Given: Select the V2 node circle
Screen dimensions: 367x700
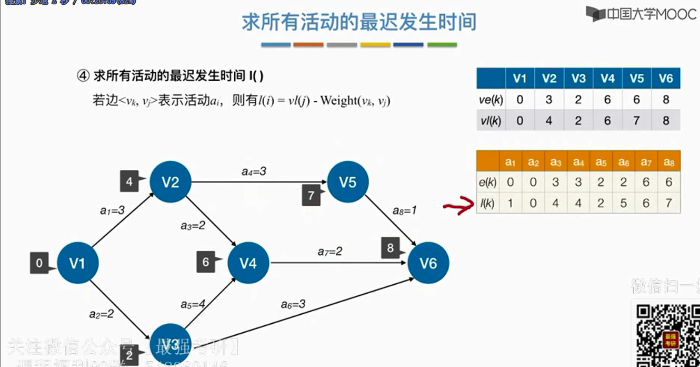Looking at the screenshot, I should (170, 182).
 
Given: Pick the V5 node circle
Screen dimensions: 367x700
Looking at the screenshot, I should (347, 182).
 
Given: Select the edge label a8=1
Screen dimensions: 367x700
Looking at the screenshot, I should (404, 210).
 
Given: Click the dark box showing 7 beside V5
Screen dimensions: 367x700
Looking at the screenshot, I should (311, 196).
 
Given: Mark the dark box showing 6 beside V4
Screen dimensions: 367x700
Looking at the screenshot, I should (206, 262).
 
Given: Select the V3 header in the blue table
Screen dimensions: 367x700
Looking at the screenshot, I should (578, 79).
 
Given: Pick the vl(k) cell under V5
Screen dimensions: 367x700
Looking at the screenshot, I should (636, 121).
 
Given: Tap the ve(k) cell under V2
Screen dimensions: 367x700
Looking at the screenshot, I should (549, 100).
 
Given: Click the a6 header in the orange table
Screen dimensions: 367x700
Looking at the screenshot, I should (624, 162).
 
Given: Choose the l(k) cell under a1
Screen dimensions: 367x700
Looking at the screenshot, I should (510, 203).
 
